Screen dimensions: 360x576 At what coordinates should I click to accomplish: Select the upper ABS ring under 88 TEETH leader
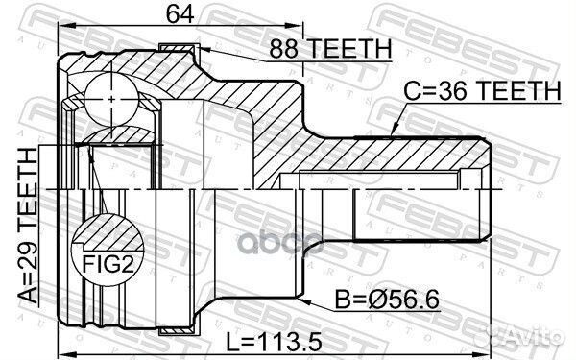(179, 49)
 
